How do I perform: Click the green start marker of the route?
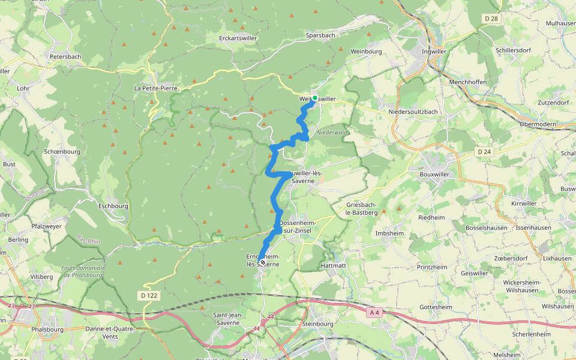(314, 98)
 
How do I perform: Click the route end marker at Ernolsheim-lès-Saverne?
(263, 262)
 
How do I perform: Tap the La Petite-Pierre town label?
(155, 88)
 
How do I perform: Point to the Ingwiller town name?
(435, 52)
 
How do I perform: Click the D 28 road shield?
(490, 19)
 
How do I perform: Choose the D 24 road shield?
(484, 152)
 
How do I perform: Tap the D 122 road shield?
(149, 295)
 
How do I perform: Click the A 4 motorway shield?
(374, 312)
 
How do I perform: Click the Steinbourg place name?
(317, 324)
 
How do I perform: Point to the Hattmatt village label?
(334, 265)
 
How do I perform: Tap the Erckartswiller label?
(238, 38)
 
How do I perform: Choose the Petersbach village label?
(65, 56)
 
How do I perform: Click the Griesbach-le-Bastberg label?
(362, 208)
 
